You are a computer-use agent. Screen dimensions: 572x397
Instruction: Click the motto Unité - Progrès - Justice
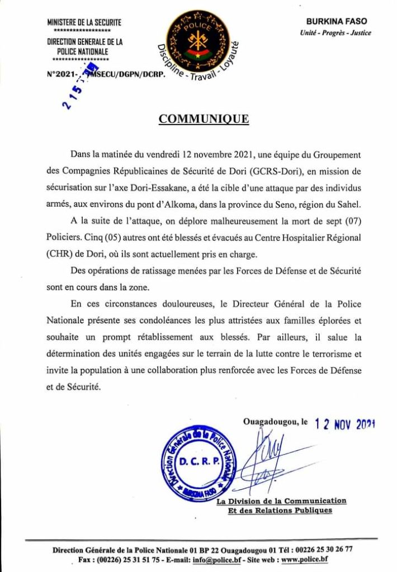(335, 32)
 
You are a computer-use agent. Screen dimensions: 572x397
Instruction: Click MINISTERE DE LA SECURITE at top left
(84, 22)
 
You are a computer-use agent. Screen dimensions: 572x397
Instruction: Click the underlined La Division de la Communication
(281, 501)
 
